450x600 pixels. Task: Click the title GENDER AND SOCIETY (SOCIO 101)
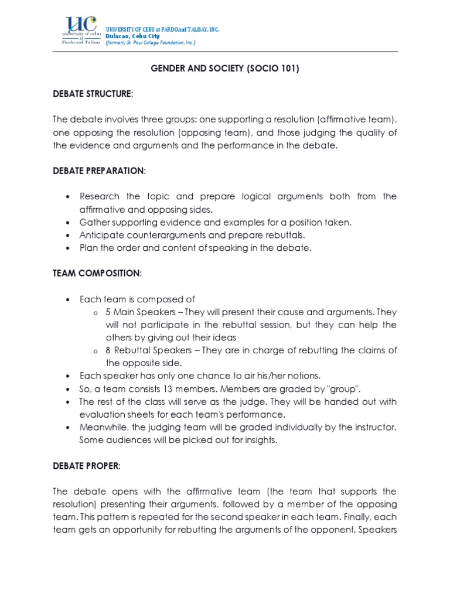click(225, 69)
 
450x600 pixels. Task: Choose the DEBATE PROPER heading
click(87, 466)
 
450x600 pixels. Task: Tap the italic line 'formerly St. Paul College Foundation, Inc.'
click(151, 43)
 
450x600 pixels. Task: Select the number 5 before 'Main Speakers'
click(108, 312)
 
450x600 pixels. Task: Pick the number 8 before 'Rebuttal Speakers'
click(108, 350)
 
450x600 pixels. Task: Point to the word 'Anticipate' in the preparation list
click(101, 235)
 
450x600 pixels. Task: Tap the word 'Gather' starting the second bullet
click(94, 222)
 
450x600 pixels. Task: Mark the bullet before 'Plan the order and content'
click(69, 248)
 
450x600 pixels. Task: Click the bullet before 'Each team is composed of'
click(69, 299)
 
